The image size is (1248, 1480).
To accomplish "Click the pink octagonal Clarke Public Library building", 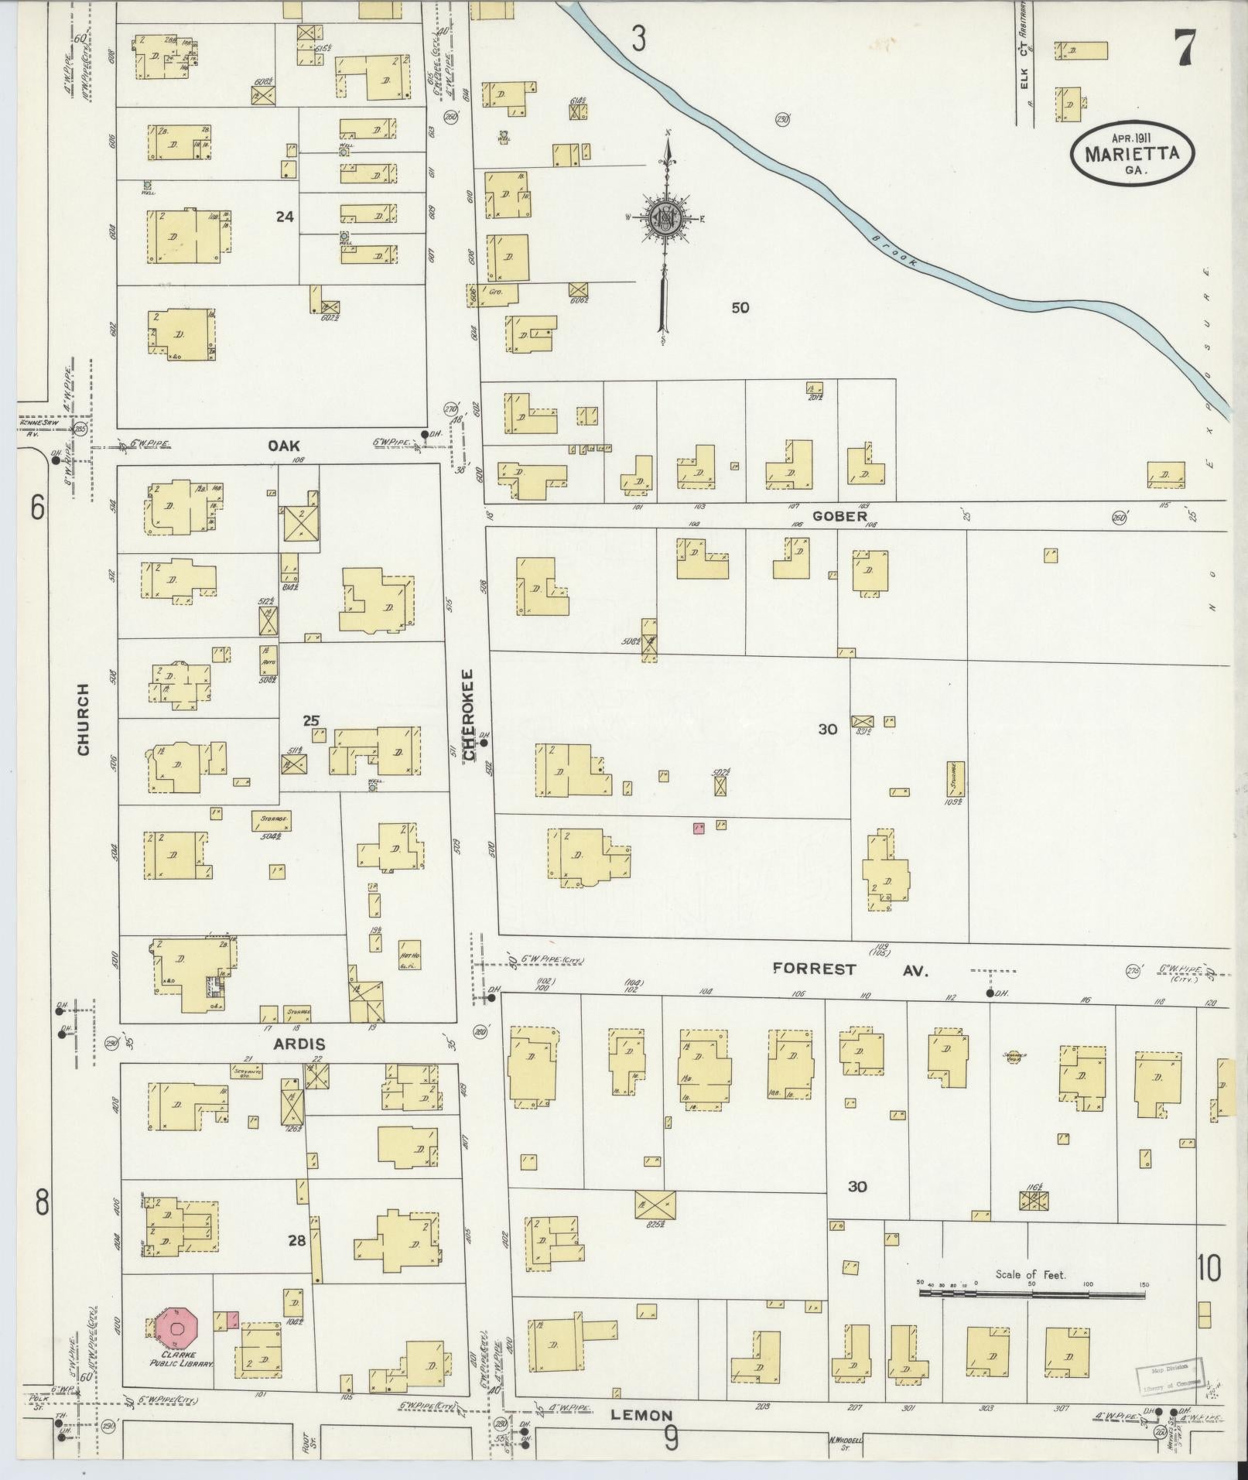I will pyautogui.click(x=177, y=1329).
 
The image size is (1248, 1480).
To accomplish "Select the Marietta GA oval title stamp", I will pyautogui.click(x=1131, y=154).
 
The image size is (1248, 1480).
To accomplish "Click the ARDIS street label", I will pyautogui.click(x=298, y=1044).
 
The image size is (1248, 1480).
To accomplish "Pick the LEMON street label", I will pyautogui.click(x=641, y=1415).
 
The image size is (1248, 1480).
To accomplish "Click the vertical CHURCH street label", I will pyautogui.click(x=84, y=719).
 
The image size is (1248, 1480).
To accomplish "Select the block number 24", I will pyautogui.click(x=285, y=217).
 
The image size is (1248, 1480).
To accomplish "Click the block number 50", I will pyautogui.click(x=740, y=307).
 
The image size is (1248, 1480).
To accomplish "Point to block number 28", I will pyautogui.click(x=296, y=1240).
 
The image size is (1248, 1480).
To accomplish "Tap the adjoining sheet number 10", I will pyautogui.click(x=1209, y=1268).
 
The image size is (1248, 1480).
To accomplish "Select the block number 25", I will pyautogui.click(x=311, y=720).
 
